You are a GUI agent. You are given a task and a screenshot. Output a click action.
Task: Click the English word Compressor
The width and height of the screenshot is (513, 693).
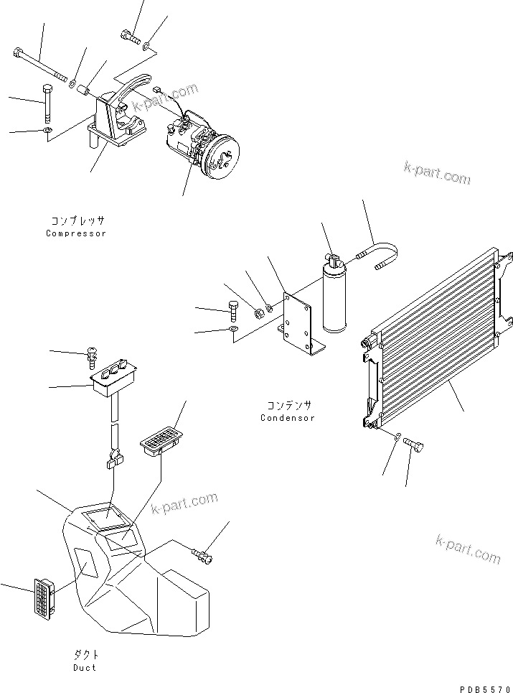click(x=76, y=233)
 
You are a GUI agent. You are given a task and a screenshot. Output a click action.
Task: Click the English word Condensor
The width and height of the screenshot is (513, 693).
click(x=287, y=418)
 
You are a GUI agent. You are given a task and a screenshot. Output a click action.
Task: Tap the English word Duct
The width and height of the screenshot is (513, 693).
click(x=84, y=667)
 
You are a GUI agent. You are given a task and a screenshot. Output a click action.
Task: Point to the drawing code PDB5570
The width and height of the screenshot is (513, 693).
click(x=481, y=687)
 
